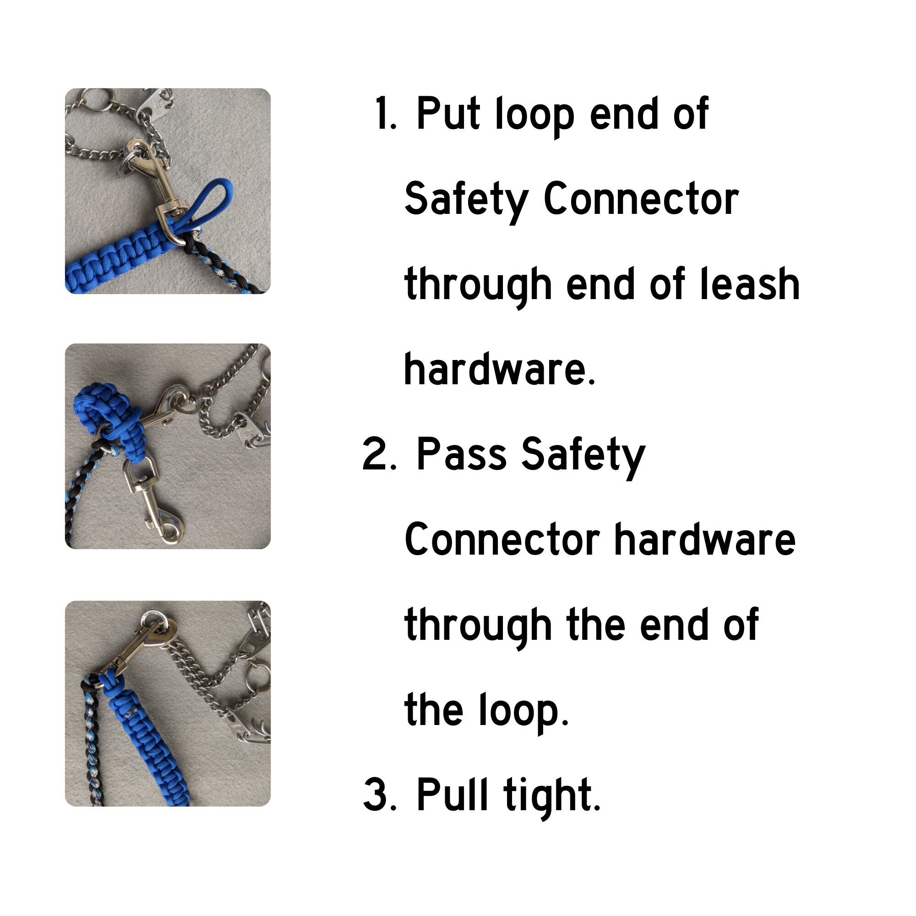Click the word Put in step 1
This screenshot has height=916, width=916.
(x=447, y=114)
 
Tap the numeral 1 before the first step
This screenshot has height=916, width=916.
(x=385, y=114)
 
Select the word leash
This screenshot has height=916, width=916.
(x=750, y=284)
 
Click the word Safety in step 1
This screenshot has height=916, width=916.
(x=467, y=200)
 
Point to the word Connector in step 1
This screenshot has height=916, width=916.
(x=641, y=199)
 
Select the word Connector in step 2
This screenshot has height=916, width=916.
(x=502, y=540)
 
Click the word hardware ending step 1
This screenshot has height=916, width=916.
(x=499, y=370)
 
